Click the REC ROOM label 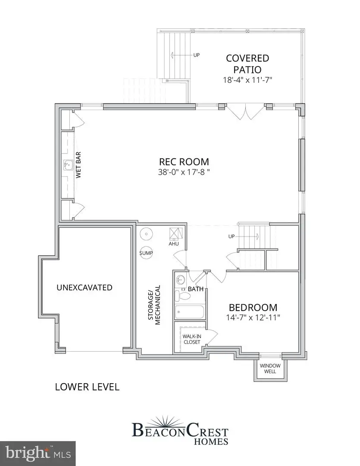184,162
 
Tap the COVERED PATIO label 247,63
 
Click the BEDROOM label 253,308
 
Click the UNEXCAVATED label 85,287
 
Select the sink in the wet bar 67,164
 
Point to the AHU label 174,244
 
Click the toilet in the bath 183,296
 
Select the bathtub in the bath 189,311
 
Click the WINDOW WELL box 269,368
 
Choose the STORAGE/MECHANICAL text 154,305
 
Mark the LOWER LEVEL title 87,387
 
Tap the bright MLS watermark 38,453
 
